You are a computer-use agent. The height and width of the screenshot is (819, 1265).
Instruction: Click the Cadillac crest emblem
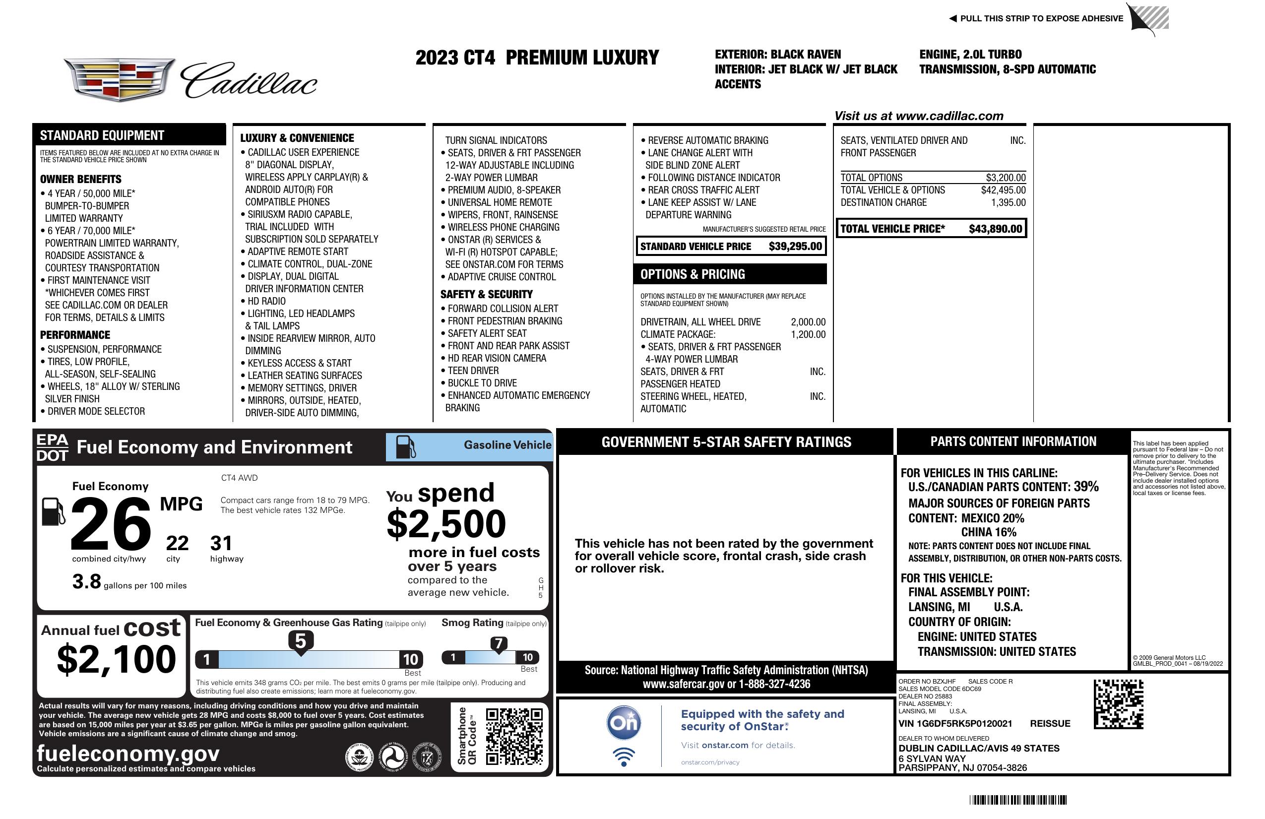119,80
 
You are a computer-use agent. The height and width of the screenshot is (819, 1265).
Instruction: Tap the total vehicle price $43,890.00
995,229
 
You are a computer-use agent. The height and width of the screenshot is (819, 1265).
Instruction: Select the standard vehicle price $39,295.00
795,247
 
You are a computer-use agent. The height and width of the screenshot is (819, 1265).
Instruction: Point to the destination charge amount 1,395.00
1008,202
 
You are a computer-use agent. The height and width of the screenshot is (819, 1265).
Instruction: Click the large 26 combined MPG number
111,524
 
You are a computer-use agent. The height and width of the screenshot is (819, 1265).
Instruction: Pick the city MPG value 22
177,543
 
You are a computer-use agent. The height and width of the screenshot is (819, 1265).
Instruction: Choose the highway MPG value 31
221,543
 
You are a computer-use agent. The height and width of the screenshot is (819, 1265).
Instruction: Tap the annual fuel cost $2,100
116,659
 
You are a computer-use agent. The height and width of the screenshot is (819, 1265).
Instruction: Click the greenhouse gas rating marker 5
300,641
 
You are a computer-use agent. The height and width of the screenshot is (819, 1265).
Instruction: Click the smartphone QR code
514,736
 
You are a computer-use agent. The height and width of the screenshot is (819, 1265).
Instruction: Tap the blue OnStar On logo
624,723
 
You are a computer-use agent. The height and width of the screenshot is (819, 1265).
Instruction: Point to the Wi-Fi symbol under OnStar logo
624,756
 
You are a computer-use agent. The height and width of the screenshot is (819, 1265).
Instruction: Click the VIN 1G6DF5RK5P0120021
955,724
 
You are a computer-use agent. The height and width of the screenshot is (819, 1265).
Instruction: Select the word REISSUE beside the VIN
1050,724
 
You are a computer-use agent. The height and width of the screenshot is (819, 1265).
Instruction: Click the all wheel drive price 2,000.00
808,322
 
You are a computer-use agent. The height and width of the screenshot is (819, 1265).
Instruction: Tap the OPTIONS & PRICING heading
693,274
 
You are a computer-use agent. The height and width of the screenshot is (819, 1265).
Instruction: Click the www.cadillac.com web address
949,116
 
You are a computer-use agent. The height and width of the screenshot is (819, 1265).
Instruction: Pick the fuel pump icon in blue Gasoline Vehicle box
406,447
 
